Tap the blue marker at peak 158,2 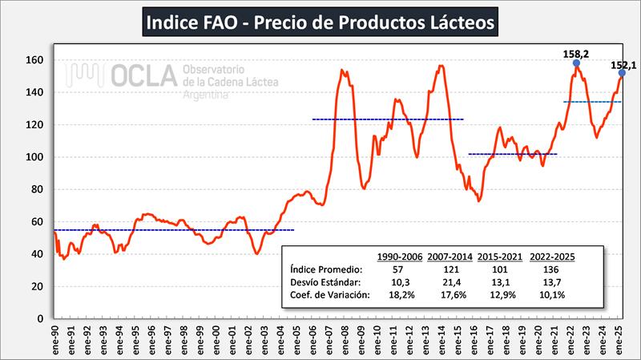(x=577, y=63)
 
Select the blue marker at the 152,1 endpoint (x=622, y=74)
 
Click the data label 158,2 (x=577, y=53)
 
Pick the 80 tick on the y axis (x=36, y=189)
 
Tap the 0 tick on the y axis (x=39, y=318)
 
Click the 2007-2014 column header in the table (x=450, y=256)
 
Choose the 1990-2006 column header (x=400, y=256)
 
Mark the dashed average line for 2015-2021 (x=512, y=154)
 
